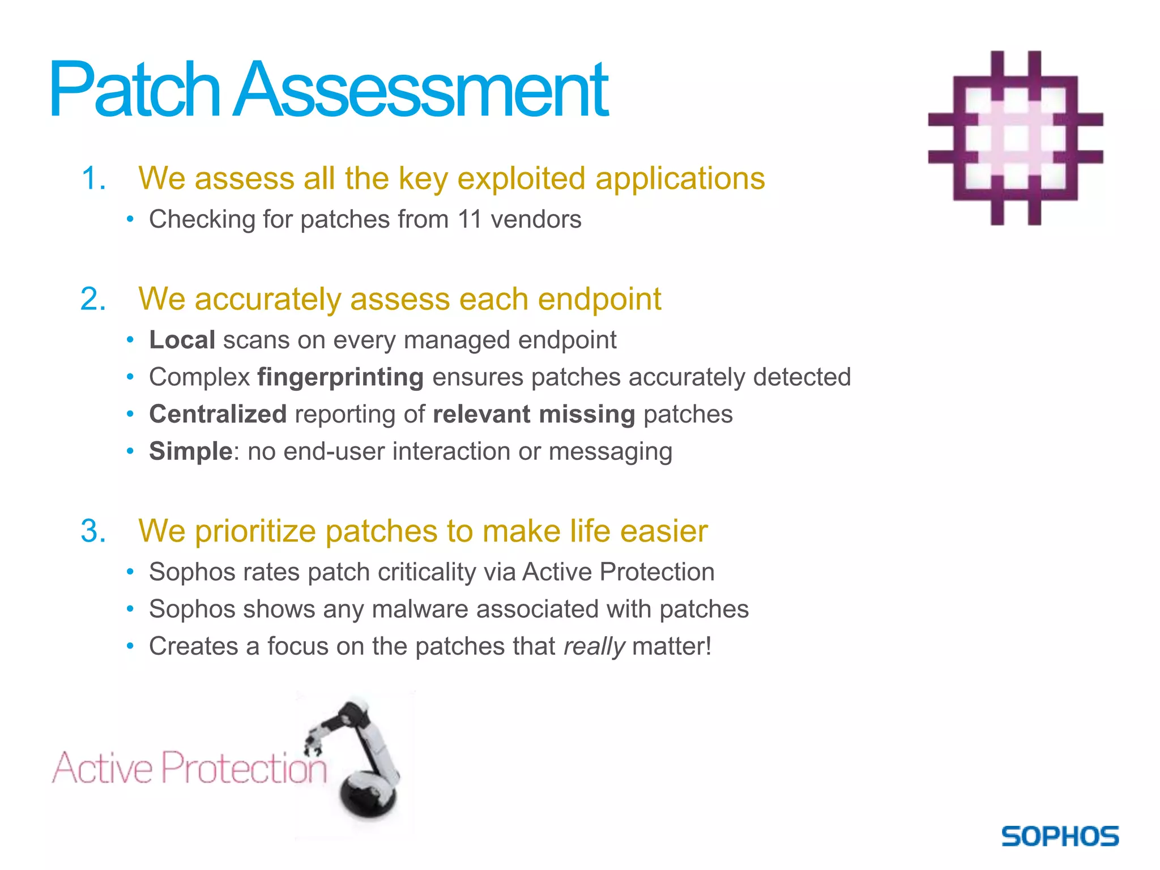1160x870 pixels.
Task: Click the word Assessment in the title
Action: tap(421, 91)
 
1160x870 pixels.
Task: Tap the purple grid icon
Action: tap(1016, 138)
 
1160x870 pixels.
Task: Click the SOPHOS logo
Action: tap(1060, 837)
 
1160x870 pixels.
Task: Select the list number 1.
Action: tap(93, 178)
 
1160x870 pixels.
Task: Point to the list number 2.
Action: tap(93, 299)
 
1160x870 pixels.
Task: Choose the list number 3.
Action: tap(93, 531)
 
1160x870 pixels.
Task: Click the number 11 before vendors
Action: tap(470, 219)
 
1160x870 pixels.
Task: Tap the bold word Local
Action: tap(182, 340)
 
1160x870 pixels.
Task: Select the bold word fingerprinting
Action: tap(340, 377)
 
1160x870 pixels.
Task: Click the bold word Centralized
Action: tap(217, 414)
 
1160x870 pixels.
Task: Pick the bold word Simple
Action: tap(190, 451)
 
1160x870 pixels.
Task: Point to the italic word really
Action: tap(594, 646)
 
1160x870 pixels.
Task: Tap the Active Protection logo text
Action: tap(190, 767)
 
